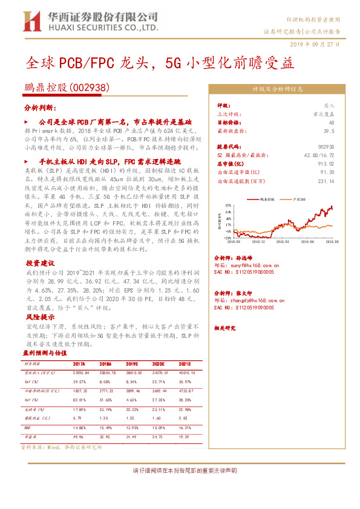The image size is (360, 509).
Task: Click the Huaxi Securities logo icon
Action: pyautogui.click(x=31, y=22)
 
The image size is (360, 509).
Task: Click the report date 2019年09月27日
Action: pyautogui.click(x=315, y=45)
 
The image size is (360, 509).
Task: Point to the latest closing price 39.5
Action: pyautogui.click(x=329, y=130)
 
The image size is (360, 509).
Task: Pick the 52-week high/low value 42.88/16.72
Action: pyautogui.click(x=319, y=155)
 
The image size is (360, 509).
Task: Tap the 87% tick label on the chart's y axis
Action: pyautogui.click(x=227, y=206)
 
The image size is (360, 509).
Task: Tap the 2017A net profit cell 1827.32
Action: pyautogui.click(x=80, y=392)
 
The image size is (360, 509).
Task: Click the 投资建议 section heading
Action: pyautogui.click(x=40, y=264)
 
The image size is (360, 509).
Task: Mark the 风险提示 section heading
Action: pyautogui.click(x=40, y=317)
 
